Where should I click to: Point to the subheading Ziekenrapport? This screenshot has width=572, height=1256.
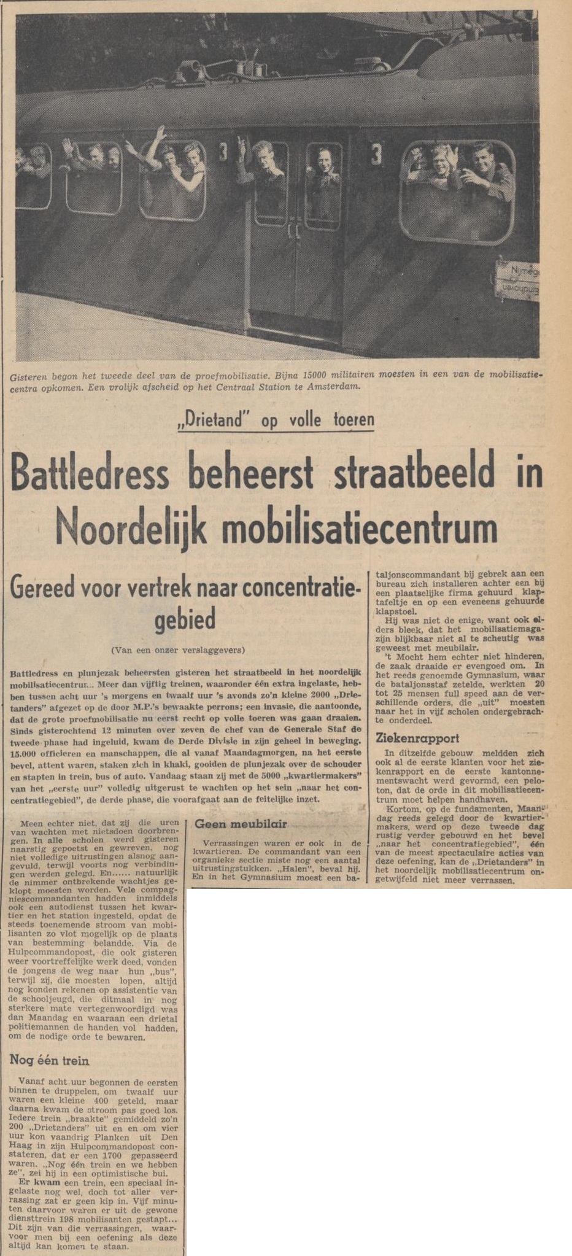pos(414,738)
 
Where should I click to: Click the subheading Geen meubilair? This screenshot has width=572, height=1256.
pos(240,824)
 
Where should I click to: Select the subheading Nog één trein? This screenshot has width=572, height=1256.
pos(50,1060)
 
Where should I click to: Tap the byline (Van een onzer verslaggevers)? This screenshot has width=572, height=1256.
pos(178,649)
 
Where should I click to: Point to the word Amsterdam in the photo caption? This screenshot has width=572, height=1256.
pos(334,387)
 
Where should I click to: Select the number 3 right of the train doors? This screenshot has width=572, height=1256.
pos(377,153)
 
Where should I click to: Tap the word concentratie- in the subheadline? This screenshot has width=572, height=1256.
pos(299,588)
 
